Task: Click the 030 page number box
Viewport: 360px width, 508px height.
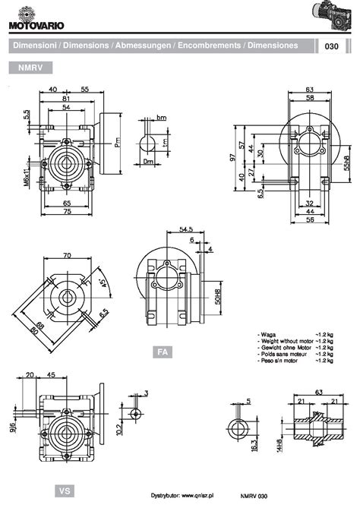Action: tap(331, 46)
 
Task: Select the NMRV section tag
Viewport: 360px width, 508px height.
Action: tap(30, 68)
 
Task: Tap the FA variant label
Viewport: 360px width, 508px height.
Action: tap(161, 352)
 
